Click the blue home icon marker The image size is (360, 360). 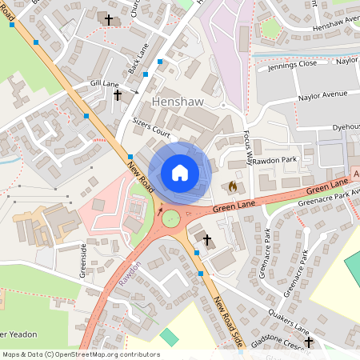coord(180,172)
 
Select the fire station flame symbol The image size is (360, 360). coord(233,186)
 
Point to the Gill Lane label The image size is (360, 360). coord(104,83)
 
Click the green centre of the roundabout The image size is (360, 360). coord(170,218)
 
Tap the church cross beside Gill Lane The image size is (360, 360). coord(118,94)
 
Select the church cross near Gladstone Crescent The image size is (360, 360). coord(308,342)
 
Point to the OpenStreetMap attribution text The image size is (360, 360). coord(81,354)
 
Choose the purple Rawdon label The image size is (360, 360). coord(131,274)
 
